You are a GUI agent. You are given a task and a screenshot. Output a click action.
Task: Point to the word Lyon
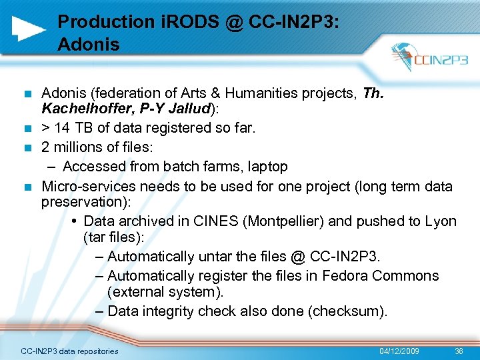coord(441,221)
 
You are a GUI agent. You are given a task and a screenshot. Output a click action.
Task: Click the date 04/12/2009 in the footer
coord(399,351)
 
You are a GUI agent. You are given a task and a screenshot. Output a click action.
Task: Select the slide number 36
coord(459,351)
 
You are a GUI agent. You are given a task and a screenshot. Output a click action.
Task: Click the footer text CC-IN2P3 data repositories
coord(69,351)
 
